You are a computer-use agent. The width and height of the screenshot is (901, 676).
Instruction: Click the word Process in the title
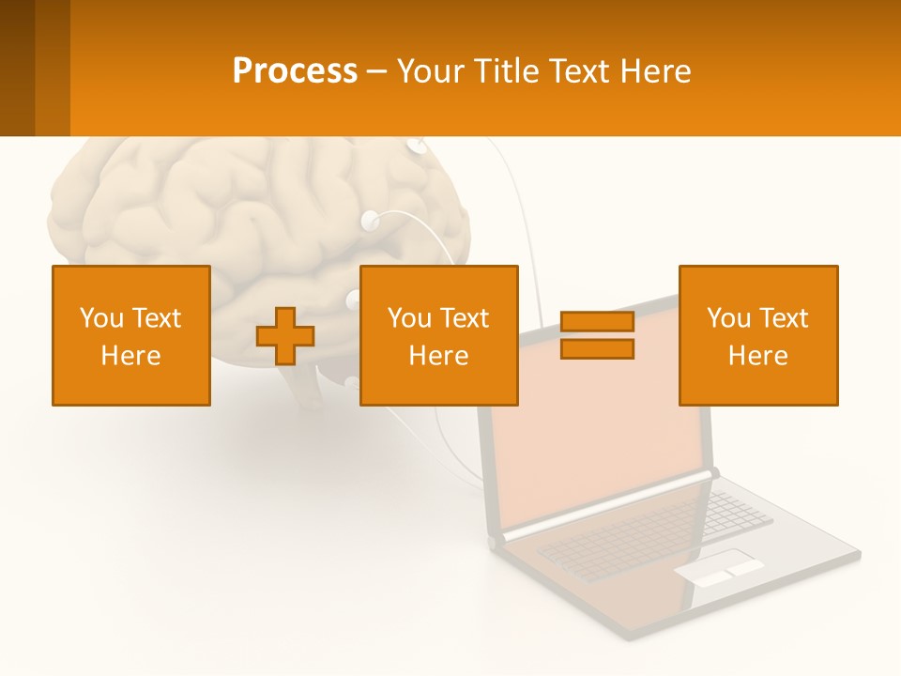(295, 71)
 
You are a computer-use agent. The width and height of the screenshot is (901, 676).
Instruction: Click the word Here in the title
(656, 71)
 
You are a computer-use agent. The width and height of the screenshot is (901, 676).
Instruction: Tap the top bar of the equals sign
(597, 322)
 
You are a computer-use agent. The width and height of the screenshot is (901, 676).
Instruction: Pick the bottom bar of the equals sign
(597, 349)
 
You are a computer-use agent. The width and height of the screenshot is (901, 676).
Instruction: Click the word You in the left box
(99, 318)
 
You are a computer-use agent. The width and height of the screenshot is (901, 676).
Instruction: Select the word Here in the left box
(130, 356)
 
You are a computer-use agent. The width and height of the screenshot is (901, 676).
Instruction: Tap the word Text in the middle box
(465, 318)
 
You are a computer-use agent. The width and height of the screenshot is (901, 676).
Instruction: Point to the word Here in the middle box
(438, 356)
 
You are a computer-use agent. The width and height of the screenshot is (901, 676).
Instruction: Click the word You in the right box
(727, 318)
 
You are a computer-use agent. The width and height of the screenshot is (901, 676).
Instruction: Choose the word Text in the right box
(784, 318)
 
